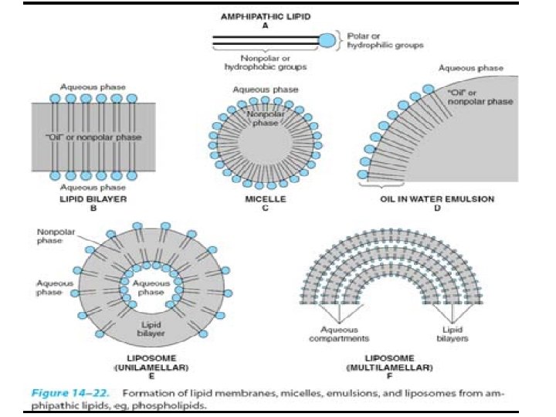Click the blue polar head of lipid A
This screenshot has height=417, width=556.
pyautogui.click(x=327, y=39)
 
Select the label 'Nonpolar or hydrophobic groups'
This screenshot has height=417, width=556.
pyautogui.click(x=266, y=63)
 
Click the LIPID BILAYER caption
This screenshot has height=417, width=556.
pyautogui.click(x=93, y=199)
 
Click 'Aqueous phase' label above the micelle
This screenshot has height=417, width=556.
pyautogui.click(x=264, y=90)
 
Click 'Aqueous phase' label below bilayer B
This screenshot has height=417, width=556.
pyautogui.click(x=93, y=188)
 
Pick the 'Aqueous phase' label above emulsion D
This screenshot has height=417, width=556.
pyautogui.click(x=470, y=69)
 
